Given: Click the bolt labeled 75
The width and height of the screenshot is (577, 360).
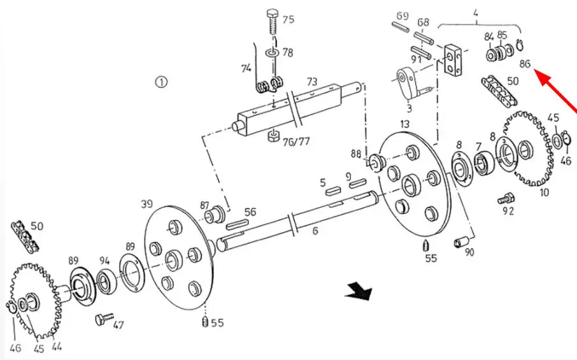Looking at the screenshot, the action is [x=273, y=22].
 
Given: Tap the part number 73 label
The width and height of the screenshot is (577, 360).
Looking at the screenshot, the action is [x=312, y=82].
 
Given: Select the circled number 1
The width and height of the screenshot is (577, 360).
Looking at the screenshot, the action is [x=161, y=82].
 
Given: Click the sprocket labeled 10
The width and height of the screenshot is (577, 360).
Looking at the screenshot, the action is [x=529, y=148].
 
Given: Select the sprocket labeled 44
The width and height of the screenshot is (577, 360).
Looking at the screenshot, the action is [x=35, y=300].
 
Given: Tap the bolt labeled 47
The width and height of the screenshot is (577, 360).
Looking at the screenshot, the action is [x=104, y=319].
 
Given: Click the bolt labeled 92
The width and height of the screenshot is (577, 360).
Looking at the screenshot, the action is [x=506, y=199].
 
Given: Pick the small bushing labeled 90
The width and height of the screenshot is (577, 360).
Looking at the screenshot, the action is [x=460, y=242].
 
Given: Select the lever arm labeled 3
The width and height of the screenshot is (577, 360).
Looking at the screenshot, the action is [x=410, y=83].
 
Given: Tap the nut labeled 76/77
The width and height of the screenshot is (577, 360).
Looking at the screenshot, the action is [x=273, y=136].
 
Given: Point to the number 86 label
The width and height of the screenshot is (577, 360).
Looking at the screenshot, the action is [x=525, y=64].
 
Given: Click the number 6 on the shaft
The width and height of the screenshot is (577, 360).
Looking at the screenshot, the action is [x=315, y=231].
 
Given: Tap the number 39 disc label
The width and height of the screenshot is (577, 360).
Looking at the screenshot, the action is [x=147, y=203].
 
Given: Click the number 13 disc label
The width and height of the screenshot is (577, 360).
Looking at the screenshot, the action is [x=404, y=124].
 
